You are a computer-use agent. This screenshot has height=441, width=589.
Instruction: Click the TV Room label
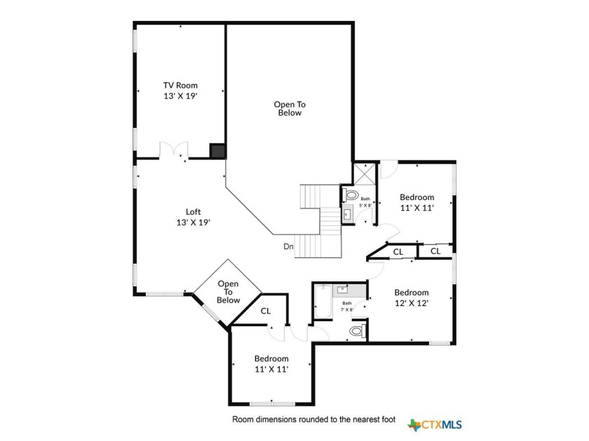click(x=180, y=85)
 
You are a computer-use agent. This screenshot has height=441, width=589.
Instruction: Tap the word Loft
click(x=193, y=212)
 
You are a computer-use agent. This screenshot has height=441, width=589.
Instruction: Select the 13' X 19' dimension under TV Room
click(x=180, y=96)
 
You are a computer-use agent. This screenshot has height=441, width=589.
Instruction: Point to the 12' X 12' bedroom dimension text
click(x=412, y=303)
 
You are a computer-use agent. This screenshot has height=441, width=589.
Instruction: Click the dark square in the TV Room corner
click(x=217, y=150)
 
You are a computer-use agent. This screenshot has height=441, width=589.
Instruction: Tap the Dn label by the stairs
click(x=288, y=246)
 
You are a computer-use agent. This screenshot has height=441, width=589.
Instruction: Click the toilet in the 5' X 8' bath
click(x=351, y=195)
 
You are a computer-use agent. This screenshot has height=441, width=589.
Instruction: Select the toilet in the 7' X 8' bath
click(x=357, y=331)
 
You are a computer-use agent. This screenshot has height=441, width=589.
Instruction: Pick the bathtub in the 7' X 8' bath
click(x=323, y=302)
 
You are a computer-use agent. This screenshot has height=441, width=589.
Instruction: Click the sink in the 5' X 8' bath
click(x=348, y=214)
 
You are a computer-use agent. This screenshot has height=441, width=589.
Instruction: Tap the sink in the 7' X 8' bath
click(x=342, y=290)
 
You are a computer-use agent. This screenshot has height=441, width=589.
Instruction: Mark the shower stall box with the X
click(x=365, y=174)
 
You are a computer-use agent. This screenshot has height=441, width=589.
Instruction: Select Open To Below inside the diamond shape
click(x=228, y=292)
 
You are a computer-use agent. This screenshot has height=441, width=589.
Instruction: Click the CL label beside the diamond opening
click(x=266, y=311)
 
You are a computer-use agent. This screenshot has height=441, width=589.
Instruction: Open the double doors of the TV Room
click(x=174, y=150)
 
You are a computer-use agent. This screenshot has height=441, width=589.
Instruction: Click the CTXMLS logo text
click(x=442, y=425)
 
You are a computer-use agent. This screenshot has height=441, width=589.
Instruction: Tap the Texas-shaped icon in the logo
click(x=414, y=426)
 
